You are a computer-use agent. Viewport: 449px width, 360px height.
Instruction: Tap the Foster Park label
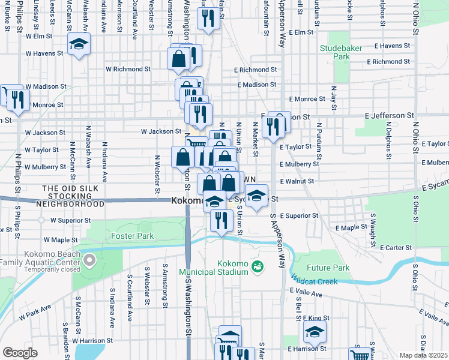tap(133, 236)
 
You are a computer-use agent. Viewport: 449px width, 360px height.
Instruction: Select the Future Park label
tap(328, 268)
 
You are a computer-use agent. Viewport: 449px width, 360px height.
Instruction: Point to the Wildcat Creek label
tap(315, 280)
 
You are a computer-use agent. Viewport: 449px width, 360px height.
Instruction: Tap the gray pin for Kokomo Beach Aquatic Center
tap(89, 260)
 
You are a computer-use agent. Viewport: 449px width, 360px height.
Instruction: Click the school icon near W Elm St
tap(79, 44)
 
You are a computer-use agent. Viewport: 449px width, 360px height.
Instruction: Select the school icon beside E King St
tap(315, 331)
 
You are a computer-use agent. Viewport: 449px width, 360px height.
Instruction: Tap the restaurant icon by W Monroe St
tap(17, 99)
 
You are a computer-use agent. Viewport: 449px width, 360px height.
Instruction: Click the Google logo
tap(20, 353)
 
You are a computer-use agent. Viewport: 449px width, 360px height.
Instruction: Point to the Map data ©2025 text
tap(424, 355)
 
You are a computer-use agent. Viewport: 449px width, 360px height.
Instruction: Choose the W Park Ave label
tap(35, 313)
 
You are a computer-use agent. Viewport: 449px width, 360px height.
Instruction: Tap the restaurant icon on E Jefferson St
tap(273, 127)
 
